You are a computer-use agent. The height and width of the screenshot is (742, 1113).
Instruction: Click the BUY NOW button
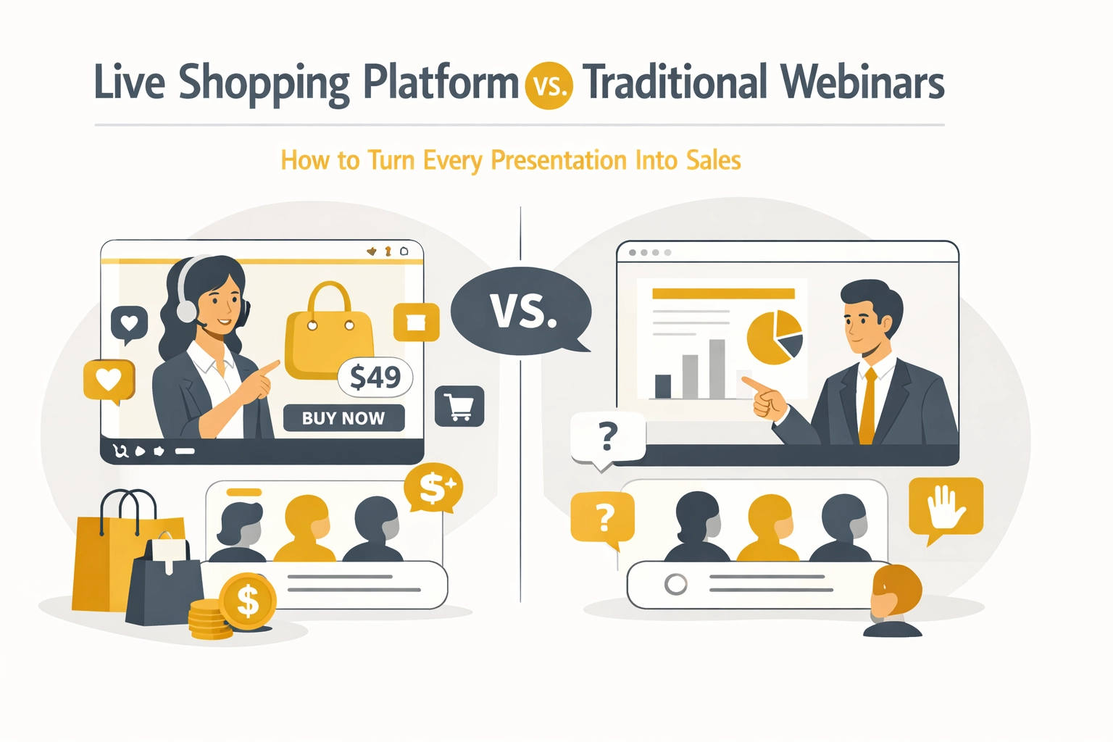pyautogui.click(x=343, y=418)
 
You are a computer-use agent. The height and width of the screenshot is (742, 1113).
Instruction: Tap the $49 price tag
pyautogui.click(x=375, y=377)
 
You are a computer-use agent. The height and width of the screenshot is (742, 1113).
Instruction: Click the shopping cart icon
pyautogui.click(x=459, y=406)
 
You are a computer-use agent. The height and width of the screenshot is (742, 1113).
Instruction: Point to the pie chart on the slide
pyautogui.click(x=775, y=337)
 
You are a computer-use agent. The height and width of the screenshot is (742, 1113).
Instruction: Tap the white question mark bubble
pyautogui.click(x=608, y=436)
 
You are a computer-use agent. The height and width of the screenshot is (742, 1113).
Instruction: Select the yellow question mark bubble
pyautogui.click(x=603, y=517)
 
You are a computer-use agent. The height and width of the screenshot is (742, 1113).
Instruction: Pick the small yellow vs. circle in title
pyautogui.click(x=549, y=86)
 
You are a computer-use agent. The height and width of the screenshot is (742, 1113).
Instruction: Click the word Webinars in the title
pyautogui.click(x=862, y=82)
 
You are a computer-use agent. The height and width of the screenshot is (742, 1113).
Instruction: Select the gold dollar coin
pyautogui.click(x=247, y=601)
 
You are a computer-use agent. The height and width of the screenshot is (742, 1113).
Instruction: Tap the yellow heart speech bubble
pyautogui.click(x=109, y=379)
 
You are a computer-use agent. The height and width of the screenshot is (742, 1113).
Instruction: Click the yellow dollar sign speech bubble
pyautogui.click(x=433, y=488)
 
